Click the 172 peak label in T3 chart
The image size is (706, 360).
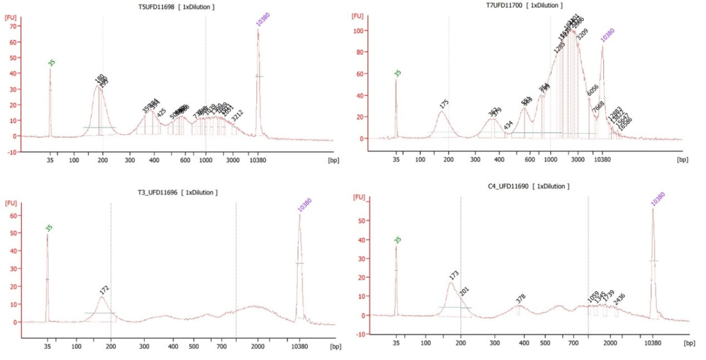click(104, 289)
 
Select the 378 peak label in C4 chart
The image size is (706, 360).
click(520, 297)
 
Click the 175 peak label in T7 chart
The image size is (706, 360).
click(444, 103)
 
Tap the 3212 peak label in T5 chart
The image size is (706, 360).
click(237, 115)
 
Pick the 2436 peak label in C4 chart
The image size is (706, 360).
click(619, 299)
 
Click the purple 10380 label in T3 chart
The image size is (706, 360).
click(304, 205)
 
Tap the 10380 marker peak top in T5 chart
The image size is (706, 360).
click(258, 30)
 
